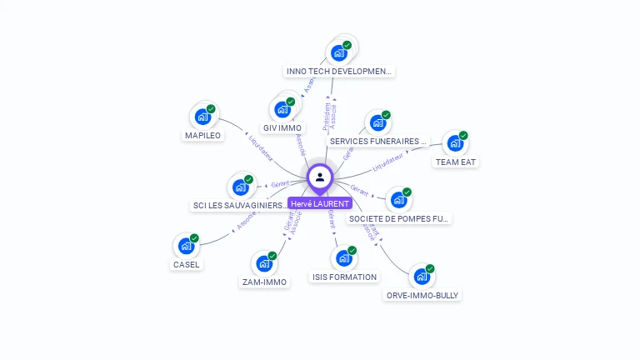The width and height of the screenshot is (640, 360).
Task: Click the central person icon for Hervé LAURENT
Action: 320,177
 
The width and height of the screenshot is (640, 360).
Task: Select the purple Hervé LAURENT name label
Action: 320,203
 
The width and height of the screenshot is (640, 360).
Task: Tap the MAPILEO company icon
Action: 202,117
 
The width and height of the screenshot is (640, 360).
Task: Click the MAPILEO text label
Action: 202,135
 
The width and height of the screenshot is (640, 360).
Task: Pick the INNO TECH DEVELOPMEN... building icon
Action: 338,53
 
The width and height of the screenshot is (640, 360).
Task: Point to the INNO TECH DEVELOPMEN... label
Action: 339,72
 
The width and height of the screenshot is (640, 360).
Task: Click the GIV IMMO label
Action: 282,127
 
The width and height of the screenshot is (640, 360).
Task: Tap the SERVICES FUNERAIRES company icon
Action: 377,123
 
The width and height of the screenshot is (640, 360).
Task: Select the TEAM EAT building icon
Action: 455,143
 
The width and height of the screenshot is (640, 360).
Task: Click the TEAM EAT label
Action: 456,162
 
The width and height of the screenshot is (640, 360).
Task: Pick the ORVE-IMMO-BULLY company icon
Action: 422,277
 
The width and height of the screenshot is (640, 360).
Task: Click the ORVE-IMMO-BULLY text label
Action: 422,295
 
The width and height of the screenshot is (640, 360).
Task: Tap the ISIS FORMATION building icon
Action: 343,258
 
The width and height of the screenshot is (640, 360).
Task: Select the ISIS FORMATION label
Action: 344,277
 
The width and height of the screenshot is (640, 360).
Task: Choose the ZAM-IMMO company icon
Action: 264,263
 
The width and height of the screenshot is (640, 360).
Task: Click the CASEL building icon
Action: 186,246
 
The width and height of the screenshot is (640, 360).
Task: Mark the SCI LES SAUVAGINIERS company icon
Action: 240,187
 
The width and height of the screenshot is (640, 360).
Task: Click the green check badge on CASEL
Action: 194,238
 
